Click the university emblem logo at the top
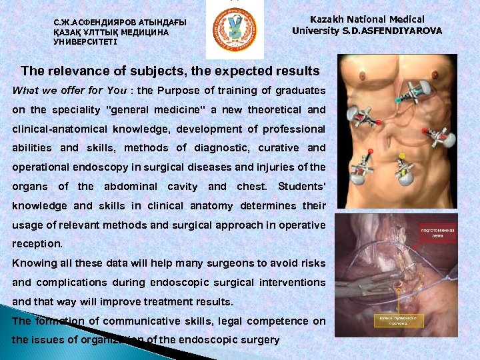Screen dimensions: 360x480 tap(233, 29)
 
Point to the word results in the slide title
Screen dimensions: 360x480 tap(295, 71)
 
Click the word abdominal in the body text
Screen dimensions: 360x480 tap(131, 187)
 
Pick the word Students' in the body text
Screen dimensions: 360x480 tap(301, 187)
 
